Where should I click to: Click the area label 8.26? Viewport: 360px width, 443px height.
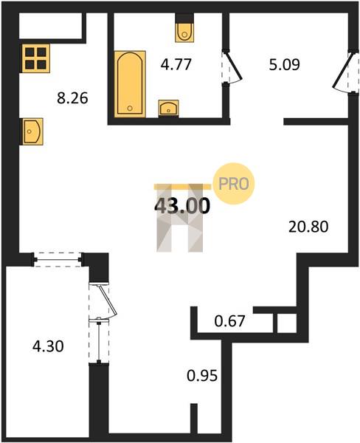(72, 99)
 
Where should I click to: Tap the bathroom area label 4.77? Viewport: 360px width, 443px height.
(176, 64)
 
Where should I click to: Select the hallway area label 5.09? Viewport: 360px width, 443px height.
(284, 65)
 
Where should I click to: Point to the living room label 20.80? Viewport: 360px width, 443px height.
(308, 227)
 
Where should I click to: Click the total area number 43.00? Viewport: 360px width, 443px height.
(182, 205)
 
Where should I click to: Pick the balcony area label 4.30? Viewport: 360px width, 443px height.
(48, 346)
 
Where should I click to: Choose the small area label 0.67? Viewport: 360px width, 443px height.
(229, 321)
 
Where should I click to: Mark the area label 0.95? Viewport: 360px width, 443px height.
(202, 376)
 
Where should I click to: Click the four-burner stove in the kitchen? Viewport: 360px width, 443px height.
(35, 58)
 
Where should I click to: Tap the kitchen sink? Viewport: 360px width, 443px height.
(32, 131)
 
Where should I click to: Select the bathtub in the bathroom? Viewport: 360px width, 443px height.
(130, 83)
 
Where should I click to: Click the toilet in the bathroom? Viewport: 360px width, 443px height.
(184, 32)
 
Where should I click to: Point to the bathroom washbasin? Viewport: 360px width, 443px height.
(168, 108)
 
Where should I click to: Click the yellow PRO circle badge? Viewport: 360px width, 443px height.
(234, 184)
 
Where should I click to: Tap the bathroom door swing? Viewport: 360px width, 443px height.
(234, 67)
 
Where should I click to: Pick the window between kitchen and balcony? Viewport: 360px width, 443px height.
(58, 259)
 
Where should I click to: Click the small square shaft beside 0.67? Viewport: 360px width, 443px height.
(286, 323)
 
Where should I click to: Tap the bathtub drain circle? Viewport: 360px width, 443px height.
(130, 108)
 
